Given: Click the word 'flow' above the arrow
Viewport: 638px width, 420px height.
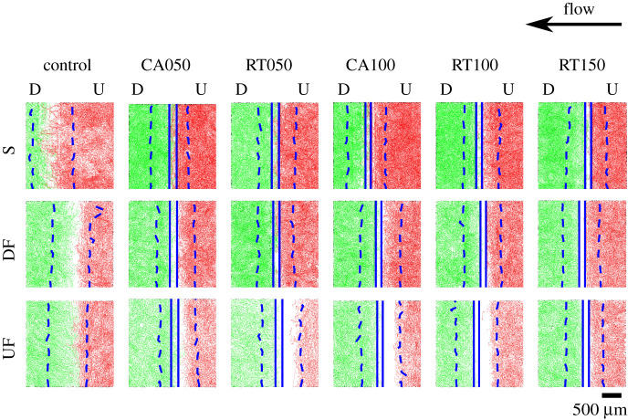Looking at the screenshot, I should click(580, 9).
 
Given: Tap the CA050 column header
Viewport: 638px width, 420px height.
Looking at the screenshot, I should click(173, 65).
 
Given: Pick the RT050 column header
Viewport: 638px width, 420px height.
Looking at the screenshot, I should click(275, 65).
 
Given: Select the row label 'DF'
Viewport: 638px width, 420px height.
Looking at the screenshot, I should click(12, 244).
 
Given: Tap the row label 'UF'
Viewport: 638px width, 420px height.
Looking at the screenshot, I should click(12, 344).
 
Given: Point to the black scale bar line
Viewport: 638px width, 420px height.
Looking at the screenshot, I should click(612, 395).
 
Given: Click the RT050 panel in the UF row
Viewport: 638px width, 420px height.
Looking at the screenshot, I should click(275, 344).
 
